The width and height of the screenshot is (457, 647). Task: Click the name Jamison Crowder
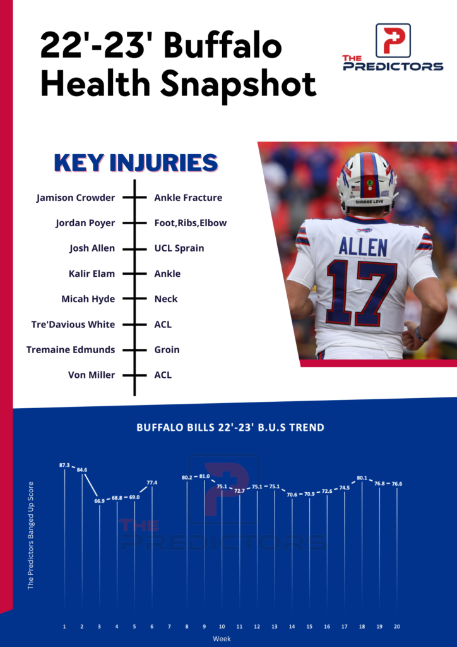(x=76, y=198)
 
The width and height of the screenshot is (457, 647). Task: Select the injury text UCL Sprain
(x=179, y=248)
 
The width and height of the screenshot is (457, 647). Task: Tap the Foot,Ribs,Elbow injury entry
(x=190, y=223)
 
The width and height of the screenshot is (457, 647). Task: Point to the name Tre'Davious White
(x=73, y=324)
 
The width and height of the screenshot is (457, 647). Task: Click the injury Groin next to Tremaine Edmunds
(x=167, y=349)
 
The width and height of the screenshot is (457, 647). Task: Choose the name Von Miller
(x=92, y=375)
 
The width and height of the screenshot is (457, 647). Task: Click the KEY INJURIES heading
(x=136, y=163)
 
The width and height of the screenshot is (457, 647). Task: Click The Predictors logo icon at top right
(x=393, y=40)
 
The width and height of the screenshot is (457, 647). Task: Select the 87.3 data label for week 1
(x=64, y=465)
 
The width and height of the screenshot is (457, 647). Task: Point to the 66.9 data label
(x=100, y=500)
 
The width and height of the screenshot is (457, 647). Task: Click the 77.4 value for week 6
(x=152, y=483)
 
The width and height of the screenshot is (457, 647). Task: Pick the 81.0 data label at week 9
(x=205, y=476)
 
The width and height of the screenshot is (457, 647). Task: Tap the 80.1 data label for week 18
(x=362, y=478)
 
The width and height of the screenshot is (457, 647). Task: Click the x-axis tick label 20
(x=396, y=626)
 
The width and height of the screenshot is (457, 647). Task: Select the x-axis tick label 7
(x=169, y=626)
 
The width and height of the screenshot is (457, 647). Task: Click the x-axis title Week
(x=222, y=639)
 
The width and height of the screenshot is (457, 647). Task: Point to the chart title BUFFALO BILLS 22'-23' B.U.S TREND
(x=230, y=428)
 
